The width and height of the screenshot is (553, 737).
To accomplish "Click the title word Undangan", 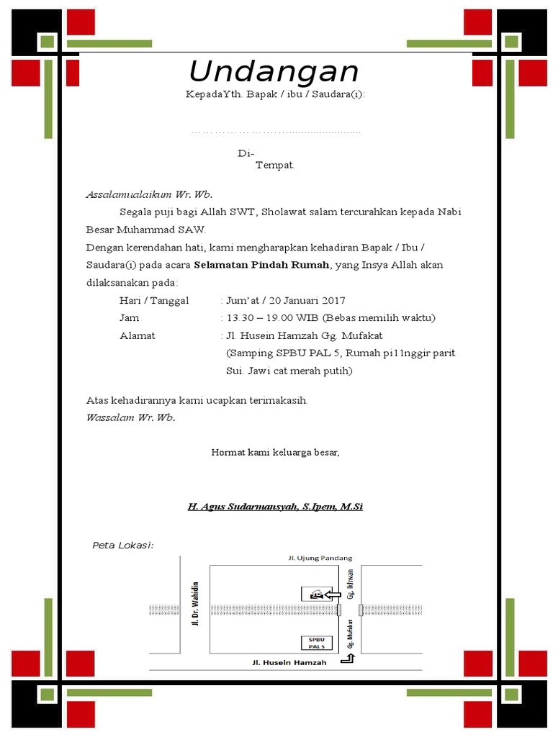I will point(274,72).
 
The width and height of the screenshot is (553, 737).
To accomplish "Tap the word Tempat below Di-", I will point(275,166).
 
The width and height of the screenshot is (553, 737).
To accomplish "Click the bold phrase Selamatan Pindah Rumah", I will point(261,265).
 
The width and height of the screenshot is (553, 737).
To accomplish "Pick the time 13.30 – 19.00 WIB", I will point(272,317).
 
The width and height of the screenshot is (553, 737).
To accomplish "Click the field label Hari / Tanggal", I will point(154,300).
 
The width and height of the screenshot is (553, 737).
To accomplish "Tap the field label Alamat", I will point(137,335).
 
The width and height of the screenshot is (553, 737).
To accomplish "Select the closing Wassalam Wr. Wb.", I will point(130,417).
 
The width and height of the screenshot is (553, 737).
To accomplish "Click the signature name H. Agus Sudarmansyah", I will point(275,507).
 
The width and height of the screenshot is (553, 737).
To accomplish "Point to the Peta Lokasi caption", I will point(123,545).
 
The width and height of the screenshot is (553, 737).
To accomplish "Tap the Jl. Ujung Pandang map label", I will point(320,558).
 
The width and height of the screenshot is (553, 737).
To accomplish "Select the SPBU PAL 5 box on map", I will point(317,643).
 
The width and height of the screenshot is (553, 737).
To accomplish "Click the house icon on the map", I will point(314,594).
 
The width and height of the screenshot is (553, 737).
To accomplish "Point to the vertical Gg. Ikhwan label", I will point(351,584).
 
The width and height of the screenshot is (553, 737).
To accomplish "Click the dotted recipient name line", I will point(275,132).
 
